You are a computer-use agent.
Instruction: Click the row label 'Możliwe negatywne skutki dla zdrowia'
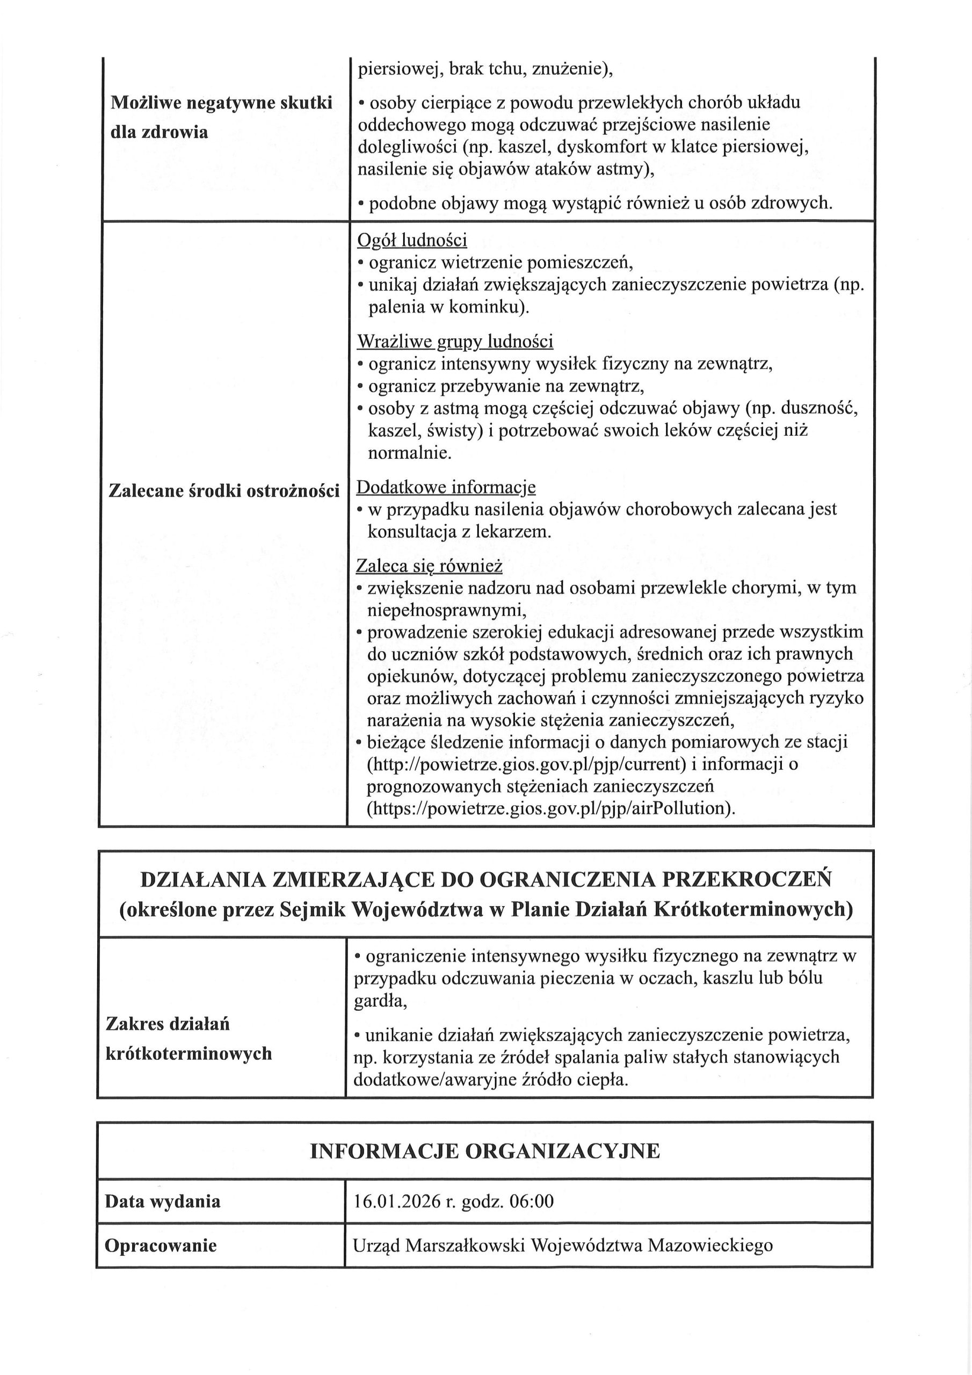[x=221, y=118]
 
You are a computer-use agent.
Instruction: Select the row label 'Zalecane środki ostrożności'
[x=224, y=491]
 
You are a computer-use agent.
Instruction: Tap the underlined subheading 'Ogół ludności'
[x=412, y=241]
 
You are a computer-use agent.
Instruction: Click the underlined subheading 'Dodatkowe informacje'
[x=446, y=488]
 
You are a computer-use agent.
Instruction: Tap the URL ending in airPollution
[x=550, y=809]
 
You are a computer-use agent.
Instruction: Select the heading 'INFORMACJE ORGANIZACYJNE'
[x=485, y=1151]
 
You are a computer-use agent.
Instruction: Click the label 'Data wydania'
[x=162, y=1202]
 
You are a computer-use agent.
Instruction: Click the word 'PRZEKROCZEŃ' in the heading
[x=747, y=880]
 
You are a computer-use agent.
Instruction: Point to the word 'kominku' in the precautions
[x=485, y=307]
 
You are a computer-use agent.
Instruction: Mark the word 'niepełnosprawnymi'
[x=446, y=610]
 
